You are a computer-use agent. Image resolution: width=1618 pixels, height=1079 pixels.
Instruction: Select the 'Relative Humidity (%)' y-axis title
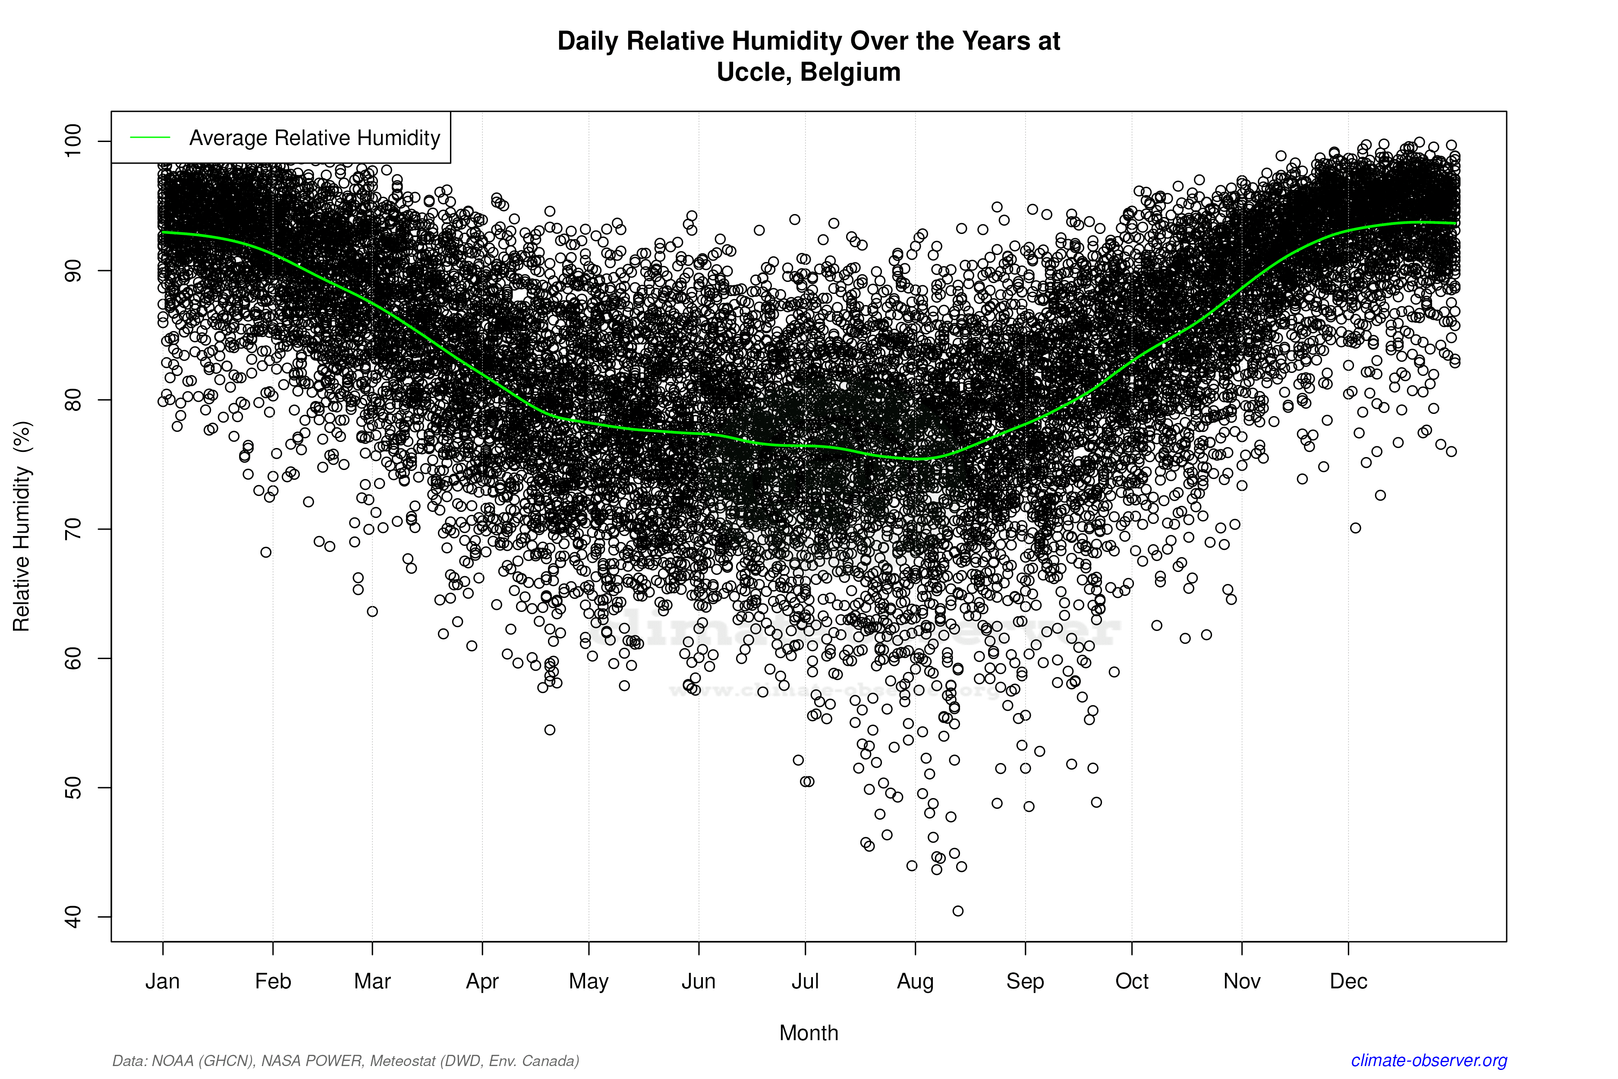22,527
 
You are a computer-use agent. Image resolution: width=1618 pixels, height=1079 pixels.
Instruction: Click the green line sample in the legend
150,138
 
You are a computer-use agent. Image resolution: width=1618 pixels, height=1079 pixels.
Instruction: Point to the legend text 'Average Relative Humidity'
315,138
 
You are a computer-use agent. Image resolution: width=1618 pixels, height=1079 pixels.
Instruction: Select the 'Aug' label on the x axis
915,981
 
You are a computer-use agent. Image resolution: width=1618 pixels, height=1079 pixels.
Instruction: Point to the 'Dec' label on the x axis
1348,981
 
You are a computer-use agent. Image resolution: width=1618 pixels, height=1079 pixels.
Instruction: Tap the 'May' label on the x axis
589,981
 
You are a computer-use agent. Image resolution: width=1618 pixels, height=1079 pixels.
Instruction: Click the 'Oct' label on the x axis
1132,981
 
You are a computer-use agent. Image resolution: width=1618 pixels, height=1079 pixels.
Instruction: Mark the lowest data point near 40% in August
957,911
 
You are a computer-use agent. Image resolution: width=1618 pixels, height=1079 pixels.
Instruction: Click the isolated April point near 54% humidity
550,730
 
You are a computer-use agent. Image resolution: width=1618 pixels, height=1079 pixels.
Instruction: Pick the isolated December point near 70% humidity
1355,528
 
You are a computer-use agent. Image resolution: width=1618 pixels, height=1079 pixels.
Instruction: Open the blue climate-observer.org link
1429,1060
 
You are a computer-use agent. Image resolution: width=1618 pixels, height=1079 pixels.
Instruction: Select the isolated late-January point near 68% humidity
266,552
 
